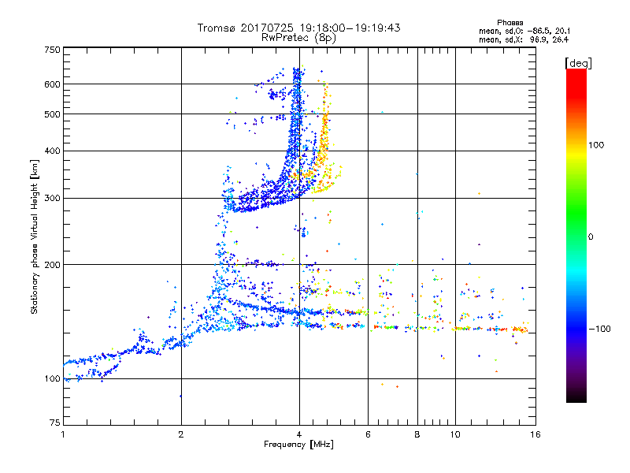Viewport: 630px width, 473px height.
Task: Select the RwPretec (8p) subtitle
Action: coord(299,37)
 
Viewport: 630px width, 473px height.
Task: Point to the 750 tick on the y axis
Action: coord(53,49)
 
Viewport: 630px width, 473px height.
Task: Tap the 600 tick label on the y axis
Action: coord(53,84)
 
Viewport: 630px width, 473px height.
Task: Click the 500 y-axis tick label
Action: coord(53,114)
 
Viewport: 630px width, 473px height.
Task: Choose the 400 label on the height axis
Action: coord(53,151)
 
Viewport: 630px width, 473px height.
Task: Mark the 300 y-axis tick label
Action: coord(53,198)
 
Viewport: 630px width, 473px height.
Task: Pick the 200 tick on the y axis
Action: coord(53,265)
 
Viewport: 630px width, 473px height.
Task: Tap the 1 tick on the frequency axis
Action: coord(63,434)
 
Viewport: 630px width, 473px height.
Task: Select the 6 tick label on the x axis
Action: coord(369,434)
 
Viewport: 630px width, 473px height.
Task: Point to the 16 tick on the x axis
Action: coord(534,434)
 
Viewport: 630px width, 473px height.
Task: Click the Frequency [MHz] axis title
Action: coord(298,445)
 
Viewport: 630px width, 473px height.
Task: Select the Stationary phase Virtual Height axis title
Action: coord(35,236)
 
